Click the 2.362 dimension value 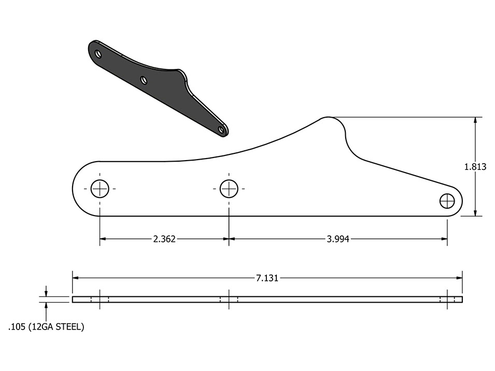164,239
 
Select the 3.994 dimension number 338,239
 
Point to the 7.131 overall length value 267,278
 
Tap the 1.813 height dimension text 475,166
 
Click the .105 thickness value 17,327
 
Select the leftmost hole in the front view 100,189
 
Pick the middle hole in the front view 229,189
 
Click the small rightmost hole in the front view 447,201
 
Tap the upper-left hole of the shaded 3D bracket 98,54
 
